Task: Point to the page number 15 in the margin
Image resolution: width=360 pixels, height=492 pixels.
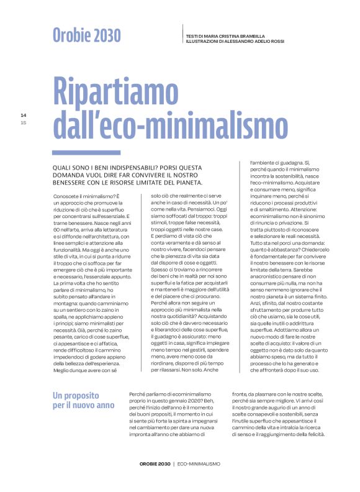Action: (x=23, y=122)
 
